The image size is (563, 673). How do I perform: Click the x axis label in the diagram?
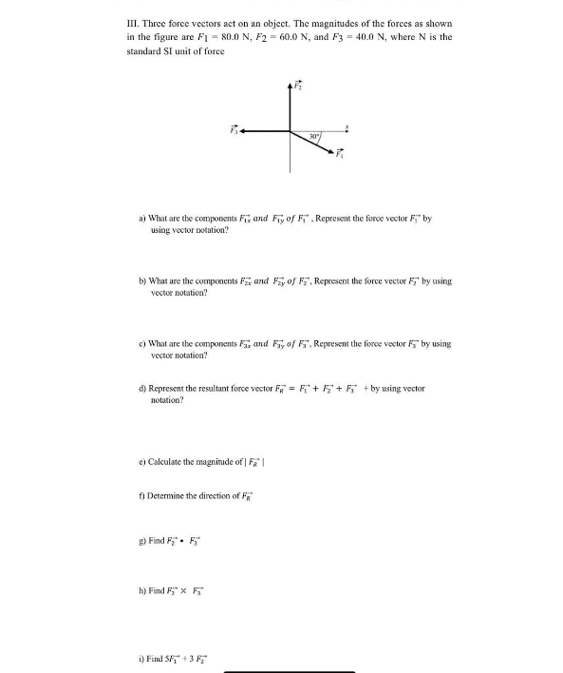[347, 125]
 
